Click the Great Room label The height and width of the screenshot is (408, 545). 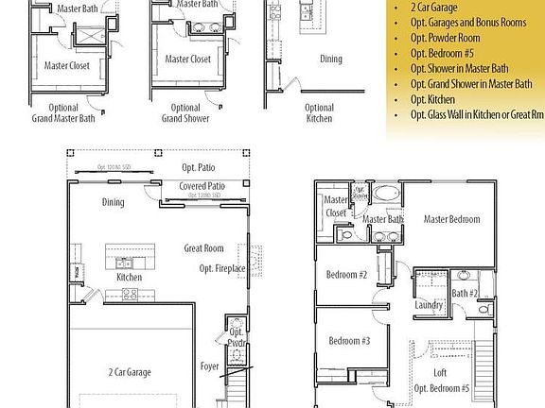[203, 248]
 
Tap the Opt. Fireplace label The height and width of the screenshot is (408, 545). [222, 269]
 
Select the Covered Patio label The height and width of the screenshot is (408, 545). [202, 187]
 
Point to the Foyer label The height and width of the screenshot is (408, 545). [209, 365]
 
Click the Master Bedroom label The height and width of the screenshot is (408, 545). [451, 219]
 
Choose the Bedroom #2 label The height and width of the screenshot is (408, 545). [347, 275]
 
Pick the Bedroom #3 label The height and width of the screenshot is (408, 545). [349, 340]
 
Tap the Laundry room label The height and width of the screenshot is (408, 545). [429, 305]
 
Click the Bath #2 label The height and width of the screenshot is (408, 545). [463, 294]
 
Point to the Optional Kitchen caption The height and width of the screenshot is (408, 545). [320, 113]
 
